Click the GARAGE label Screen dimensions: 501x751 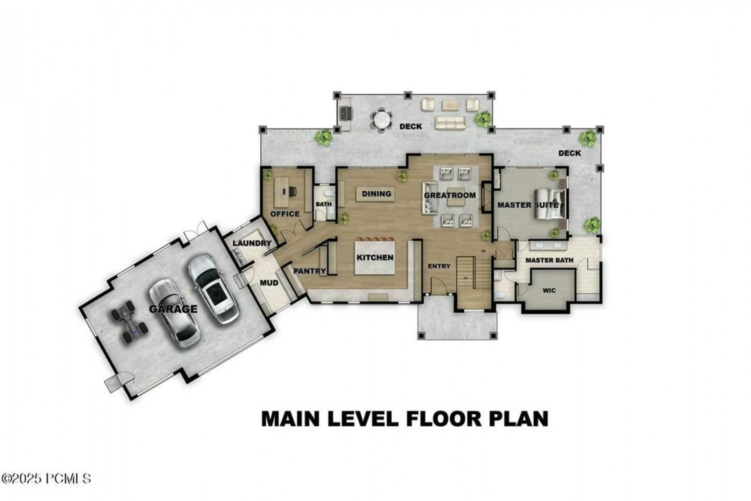tap(173, 309)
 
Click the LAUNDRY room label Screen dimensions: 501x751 tap(252, 243)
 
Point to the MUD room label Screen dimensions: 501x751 tap(269, 283)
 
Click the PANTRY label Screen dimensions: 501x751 tap(309, 271)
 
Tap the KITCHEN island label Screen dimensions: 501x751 tap(375, 258)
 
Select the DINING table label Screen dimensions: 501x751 tap(376, 194)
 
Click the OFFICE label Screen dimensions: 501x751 tap(285, 214)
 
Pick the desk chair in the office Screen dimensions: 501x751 tap(292, 191)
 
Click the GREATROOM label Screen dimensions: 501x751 tap(450, 195)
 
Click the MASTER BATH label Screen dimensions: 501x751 tap(549, 260)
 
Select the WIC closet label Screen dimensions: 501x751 tap(549, 291)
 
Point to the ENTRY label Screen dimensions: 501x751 tap(439, 266)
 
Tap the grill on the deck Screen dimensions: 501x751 tap(346, 113)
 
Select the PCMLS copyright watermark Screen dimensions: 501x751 tap(46, 478)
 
